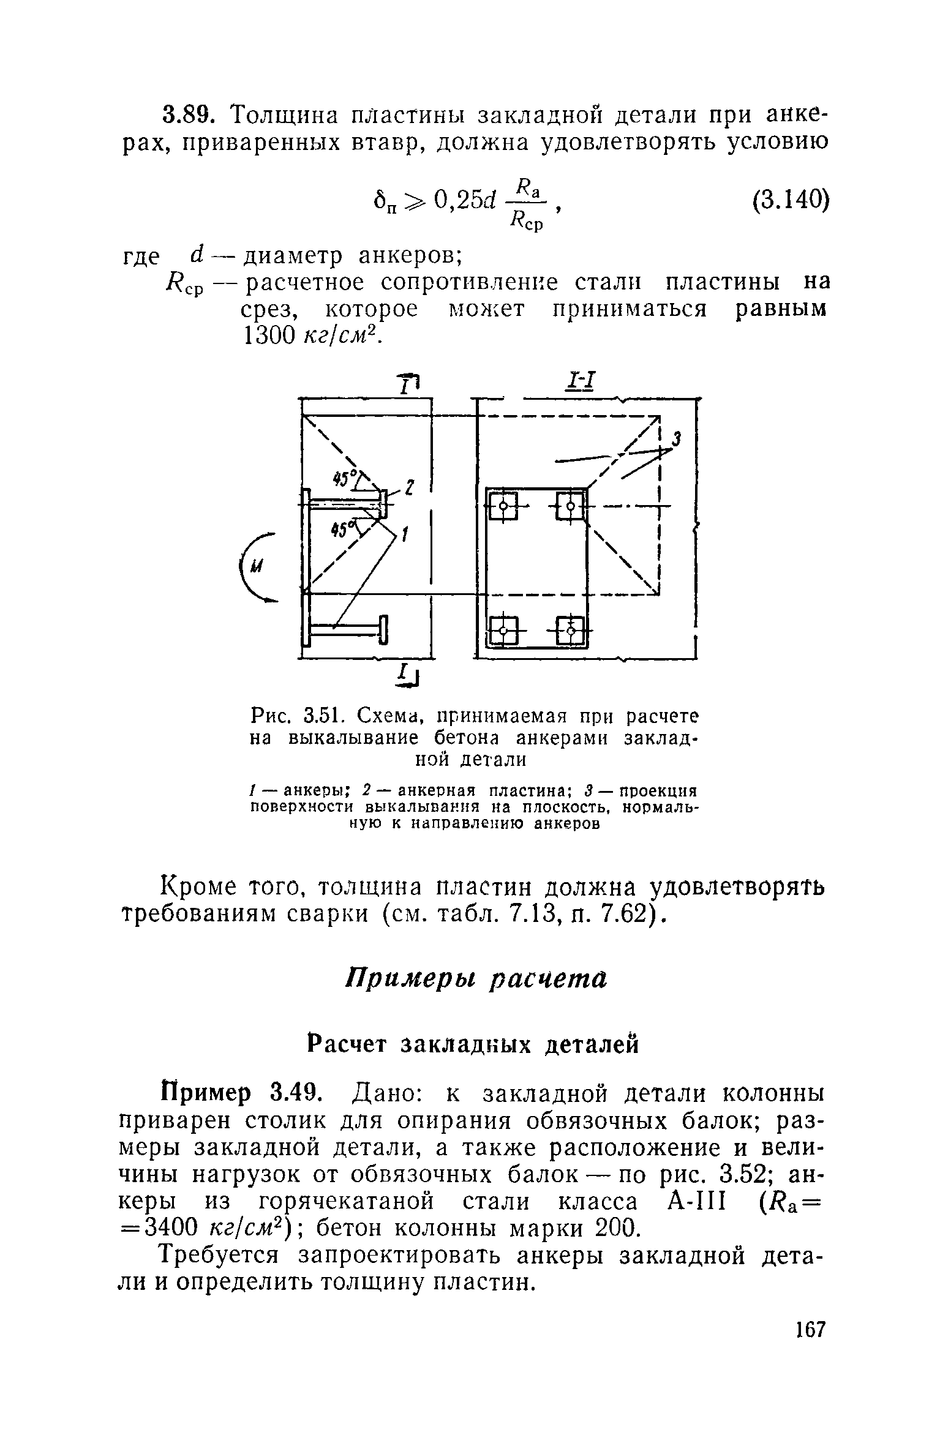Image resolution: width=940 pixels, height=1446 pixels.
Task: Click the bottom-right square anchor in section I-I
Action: [x=571, y=629]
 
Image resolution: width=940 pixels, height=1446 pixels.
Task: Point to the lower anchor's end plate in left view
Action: [x=383, y=630]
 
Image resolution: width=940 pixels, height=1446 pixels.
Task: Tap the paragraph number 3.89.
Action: [x=189, y=114]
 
